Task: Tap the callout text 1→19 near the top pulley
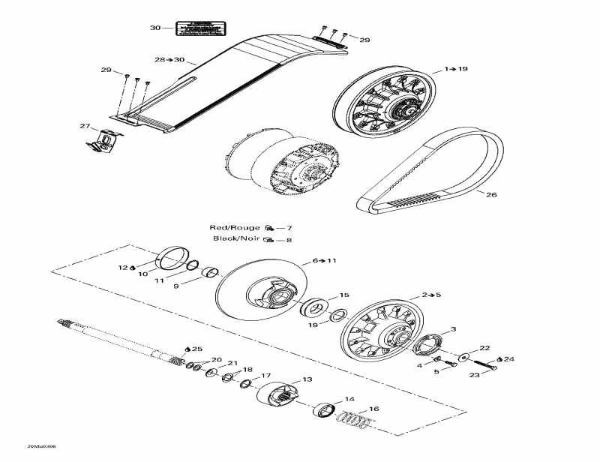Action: click(x=455, y=69)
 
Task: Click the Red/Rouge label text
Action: click(x=235, y=227)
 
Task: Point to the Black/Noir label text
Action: click(x=236, y=239)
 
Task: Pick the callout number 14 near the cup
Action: click(x=349, y=399)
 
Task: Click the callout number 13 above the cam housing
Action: click(x=307, y=379)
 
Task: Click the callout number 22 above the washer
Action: click(x=484, y=348)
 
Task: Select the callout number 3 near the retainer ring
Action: click(x=453, y=329)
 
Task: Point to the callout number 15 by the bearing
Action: click(x=344, y=295)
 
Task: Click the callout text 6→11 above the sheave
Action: click(x=325, y=260)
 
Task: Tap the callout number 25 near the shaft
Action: click(x=196, y=349)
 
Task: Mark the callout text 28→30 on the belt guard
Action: click(x=169, y=58)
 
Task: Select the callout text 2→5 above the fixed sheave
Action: click(x=430, y=295)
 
